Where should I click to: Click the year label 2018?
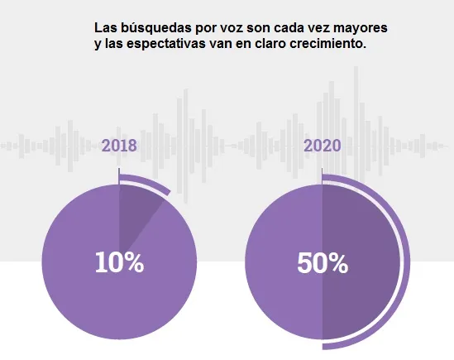119,146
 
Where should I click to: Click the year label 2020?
322,146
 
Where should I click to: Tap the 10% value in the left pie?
119,263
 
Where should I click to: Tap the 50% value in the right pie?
322,263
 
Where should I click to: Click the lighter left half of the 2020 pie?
281,248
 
